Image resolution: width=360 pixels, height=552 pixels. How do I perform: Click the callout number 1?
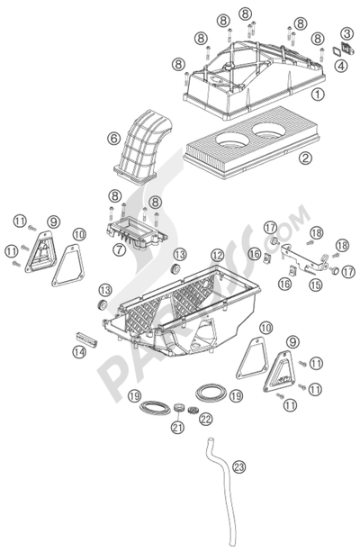point(318,95)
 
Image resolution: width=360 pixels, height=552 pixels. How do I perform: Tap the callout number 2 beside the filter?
point(305,158)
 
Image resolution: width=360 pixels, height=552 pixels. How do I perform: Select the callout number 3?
point(347,34)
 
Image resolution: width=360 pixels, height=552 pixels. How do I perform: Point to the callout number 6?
point(113,139)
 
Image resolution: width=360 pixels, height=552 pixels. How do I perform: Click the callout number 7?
point(120,250)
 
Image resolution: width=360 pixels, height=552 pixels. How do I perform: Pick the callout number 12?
point(218,255)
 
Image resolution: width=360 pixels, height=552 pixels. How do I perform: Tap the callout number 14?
point(79,352)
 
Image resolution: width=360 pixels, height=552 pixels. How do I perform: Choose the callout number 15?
point(316,285)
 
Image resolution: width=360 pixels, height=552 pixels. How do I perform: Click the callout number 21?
point(177,427)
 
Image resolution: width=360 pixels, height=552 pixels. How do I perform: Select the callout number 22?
point(206,419)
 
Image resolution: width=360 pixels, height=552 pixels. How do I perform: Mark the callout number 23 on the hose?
point(238,467)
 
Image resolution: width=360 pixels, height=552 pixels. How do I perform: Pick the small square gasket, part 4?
point(337,51)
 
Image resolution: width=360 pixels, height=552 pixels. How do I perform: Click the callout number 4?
point(340,66)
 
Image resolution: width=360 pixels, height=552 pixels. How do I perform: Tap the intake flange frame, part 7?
point(137,232)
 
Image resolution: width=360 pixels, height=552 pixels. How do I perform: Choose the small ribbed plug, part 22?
point(193,410)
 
